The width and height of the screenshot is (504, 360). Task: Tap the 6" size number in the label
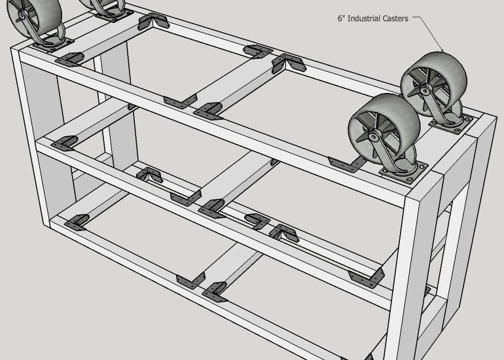[341, 18]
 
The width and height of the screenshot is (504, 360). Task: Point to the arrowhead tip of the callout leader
[444, 52]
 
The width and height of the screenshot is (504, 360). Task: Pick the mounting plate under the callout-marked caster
[451, 125]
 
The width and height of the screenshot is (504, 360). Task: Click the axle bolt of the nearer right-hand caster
[373, 137]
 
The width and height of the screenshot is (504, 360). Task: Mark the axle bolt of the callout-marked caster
[425, 92]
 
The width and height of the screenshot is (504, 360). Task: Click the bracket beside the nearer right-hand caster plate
[347, 164]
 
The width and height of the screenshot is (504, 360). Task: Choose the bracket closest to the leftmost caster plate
[69, 60]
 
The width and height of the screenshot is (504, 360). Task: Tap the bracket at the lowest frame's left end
[77, 222]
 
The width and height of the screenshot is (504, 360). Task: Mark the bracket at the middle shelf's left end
[64, 143]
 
